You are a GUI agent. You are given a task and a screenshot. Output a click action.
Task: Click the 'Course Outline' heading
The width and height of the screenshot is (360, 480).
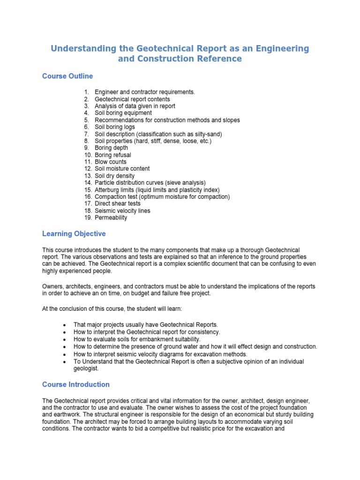[67, 76]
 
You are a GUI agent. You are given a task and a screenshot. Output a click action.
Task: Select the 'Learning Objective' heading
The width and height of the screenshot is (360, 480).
[74, 233]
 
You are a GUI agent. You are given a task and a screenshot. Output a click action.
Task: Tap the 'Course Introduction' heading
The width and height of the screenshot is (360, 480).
[76, 384]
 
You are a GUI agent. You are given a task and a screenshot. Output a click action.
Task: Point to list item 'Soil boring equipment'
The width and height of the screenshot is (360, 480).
[123, 113]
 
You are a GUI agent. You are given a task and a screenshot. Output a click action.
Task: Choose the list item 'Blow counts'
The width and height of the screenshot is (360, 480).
[111, 162]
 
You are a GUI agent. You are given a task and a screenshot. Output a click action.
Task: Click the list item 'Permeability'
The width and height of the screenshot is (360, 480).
[111, 217]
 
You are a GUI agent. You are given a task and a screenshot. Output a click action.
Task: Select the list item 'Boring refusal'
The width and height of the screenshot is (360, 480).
[113, 155]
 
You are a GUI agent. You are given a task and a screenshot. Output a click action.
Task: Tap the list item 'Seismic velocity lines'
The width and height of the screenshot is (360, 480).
[123, 210]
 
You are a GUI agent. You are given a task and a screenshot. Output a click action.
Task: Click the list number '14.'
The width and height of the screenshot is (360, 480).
[88, 183]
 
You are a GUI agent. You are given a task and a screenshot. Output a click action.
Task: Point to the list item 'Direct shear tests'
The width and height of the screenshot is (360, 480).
[118, 203]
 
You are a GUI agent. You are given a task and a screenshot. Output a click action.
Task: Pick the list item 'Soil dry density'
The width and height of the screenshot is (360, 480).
[114, 176]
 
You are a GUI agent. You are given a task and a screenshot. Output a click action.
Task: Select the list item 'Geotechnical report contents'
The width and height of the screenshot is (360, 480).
[132, 99]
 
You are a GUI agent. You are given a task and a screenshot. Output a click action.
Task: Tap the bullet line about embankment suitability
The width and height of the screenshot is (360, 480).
[137, 339]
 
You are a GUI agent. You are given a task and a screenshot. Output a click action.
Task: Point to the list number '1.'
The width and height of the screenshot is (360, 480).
[87, 92]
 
